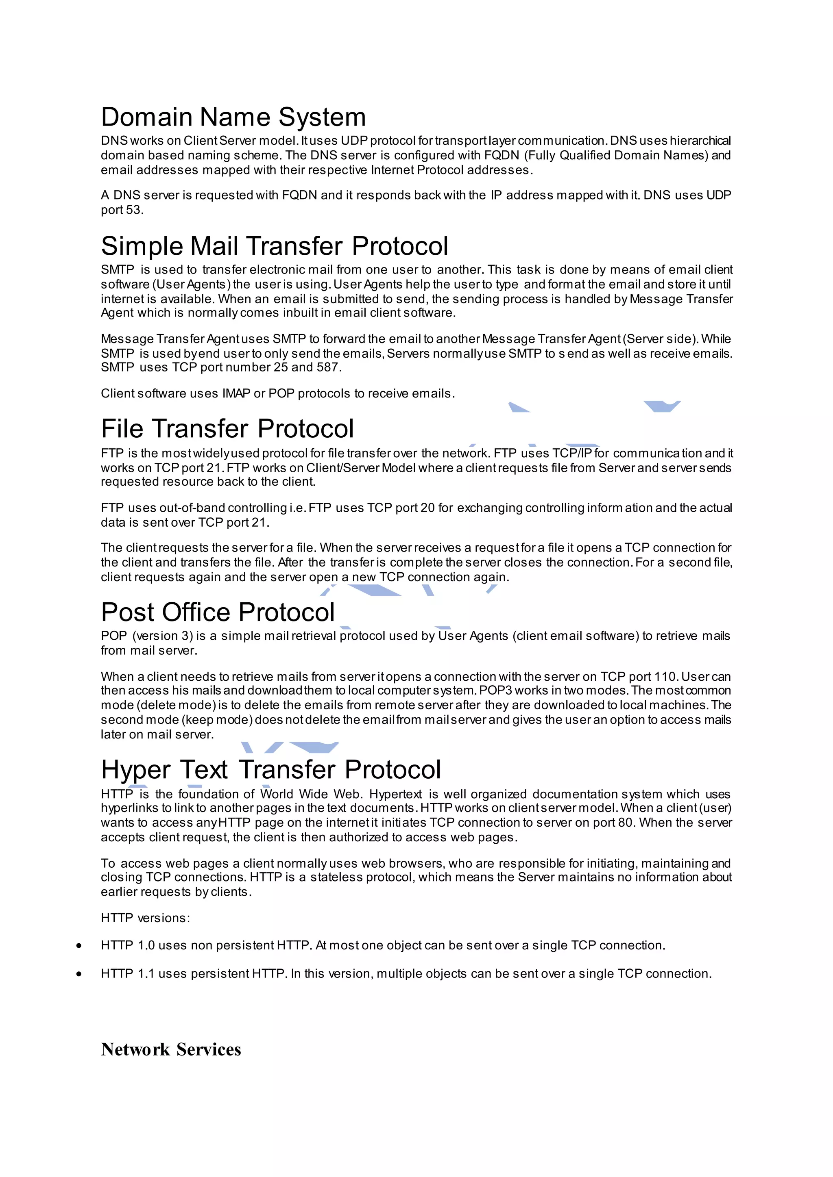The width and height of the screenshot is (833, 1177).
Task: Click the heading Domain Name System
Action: click(233, 117)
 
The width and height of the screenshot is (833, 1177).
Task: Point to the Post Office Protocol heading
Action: click(218, 612)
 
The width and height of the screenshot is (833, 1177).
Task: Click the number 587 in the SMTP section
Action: click(328, 367)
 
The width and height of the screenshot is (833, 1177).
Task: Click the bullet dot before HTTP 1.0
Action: click(79, 945)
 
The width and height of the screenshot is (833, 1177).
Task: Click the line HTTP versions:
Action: click(145, 918)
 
